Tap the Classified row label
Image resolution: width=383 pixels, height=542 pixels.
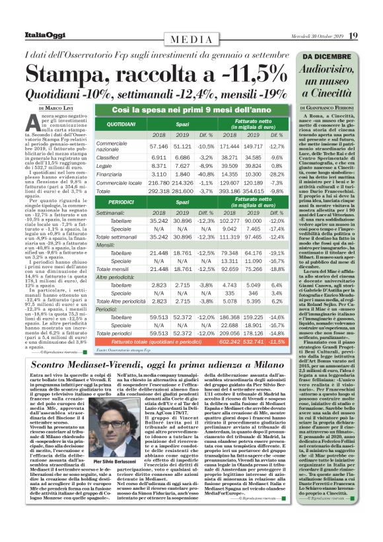pos(110,158)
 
